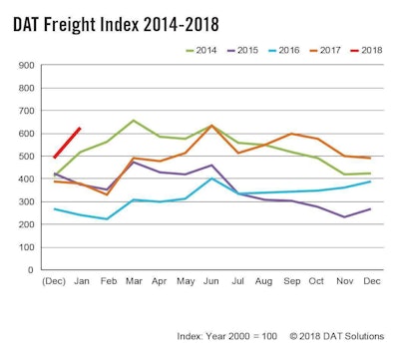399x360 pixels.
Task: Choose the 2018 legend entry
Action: pyautogui.click(x=371, y=49)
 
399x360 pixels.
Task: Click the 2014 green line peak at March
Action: pyautogui.click(x=133, y=121)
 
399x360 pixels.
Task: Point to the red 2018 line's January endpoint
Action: pyautogui.click(x=80, y=128)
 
